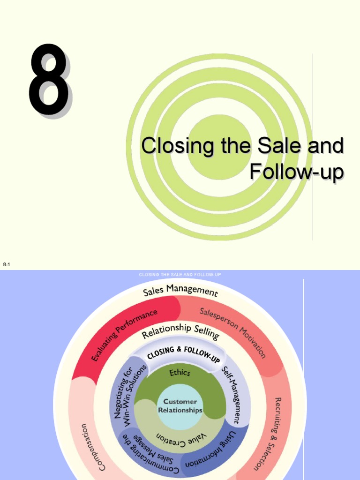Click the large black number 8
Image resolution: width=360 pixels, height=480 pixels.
(49, 81)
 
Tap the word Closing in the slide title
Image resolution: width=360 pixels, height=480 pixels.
(171, 146)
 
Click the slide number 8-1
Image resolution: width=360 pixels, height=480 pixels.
(7, 265)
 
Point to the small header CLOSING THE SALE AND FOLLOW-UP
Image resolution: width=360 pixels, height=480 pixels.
(180, 275)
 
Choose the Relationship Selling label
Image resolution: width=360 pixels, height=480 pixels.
(180, 331)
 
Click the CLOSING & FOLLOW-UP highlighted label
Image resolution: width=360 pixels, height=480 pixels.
(183, 354)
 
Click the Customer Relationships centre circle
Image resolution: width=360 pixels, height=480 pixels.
(180, 406)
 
